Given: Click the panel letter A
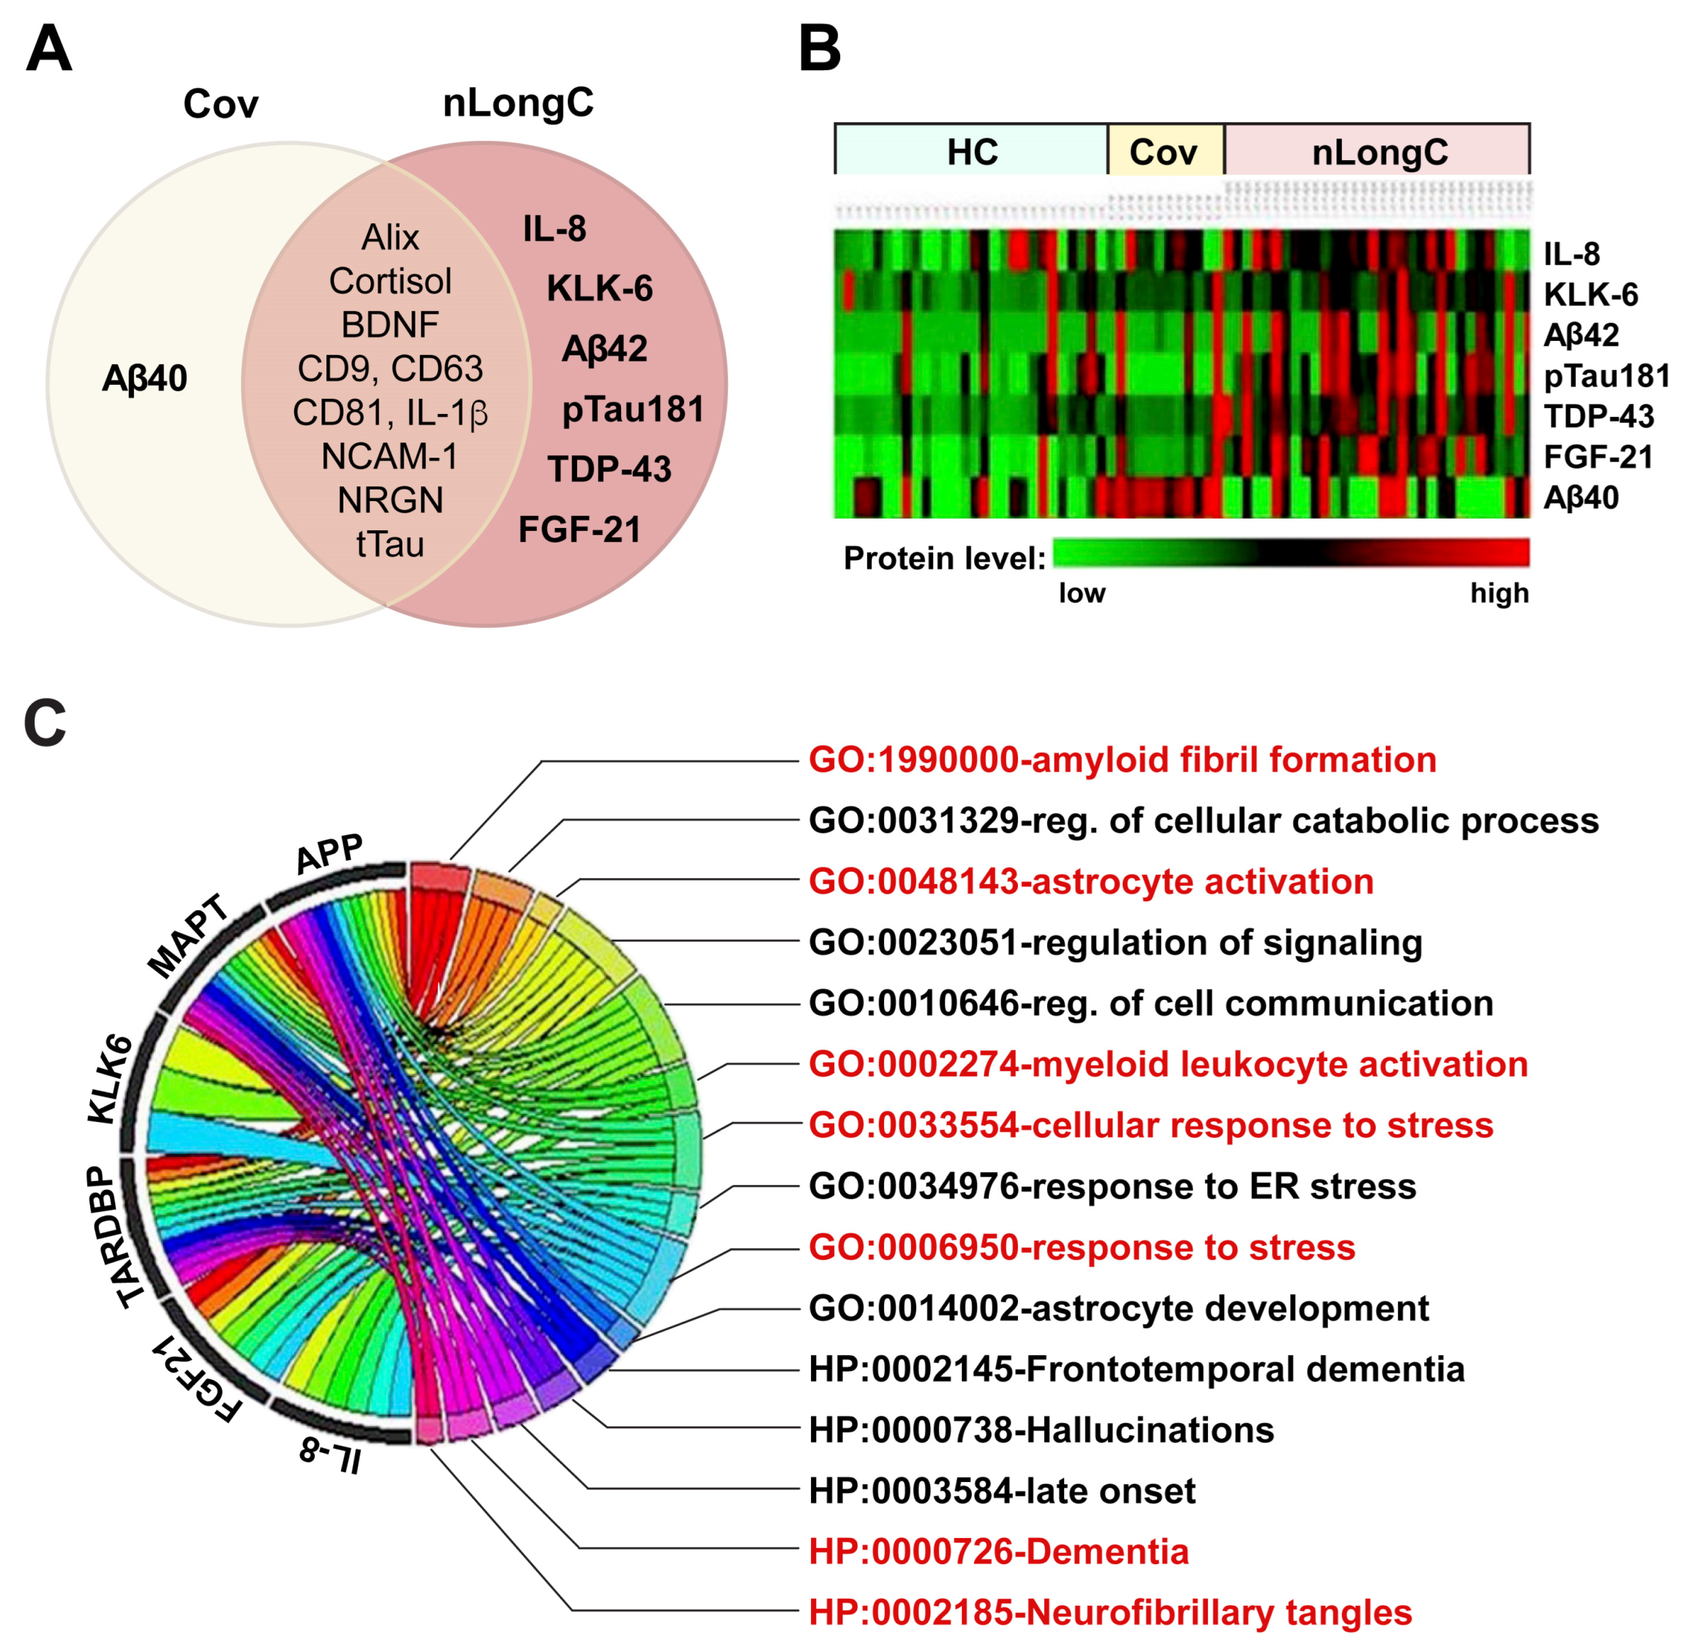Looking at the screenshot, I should pyautogui.click(x=49, y=49).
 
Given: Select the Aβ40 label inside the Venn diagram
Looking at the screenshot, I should pyautogui.click(x=145, y=379).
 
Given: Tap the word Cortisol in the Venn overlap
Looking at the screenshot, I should pyautogui.click(x=390, y=281).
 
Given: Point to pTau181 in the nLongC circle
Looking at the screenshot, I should pyautogui.click(x=633, y=409).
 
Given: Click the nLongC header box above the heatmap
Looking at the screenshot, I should pyautogui.click(x=1379, y=152).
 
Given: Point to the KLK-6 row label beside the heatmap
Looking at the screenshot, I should pyautogui.click(x=1590, y=295).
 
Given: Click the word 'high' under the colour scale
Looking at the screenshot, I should pyautogui.click(x=1499, y=593).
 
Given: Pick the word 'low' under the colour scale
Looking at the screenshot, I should pyautogui.click(x=1082, y=593).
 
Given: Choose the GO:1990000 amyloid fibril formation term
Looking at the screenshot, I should pyautogui.click(x=1123, y=760).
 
